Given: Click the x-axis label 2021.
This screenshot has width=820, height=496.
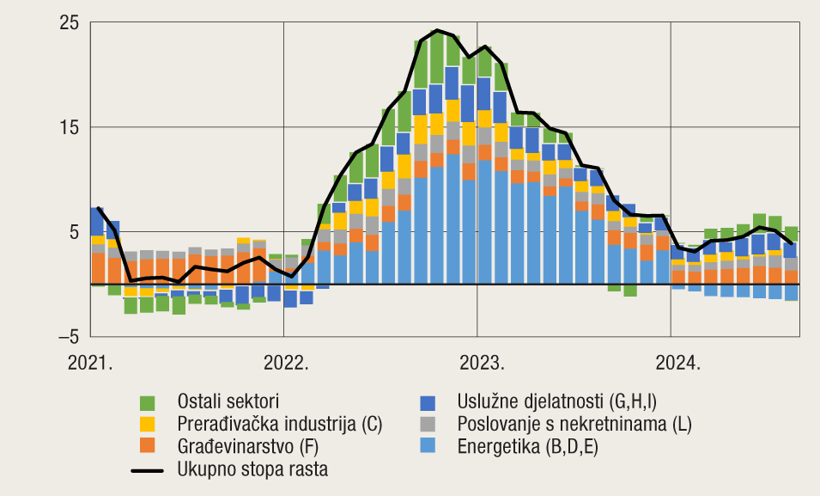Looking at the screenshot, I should (91, 362).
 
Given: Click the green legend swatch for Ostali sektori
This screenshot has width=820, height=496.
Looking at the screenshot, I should (147, 402).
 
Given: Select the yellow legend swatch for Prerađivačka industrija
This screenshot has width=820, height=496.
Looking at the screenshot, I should (147, 424).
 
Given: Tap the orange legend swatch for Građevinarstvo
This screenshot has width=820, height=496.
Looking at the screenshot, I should (147, 446).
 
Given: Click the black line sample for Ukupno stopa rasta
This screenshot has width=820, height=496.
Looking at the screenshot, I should (147, 469).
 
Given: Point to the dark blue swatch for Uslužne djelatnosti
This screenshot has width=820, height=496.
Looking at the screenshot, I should (427, 402).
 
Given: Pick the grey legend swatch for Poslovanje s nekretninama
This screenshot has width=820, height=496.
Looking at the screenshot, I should (427, 424).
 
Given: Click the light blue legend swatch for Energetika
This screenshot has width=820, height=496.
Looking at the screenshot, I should (427, 446).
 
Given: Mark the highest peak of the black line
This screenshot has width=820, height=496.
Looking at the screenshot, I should (437, 31).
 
